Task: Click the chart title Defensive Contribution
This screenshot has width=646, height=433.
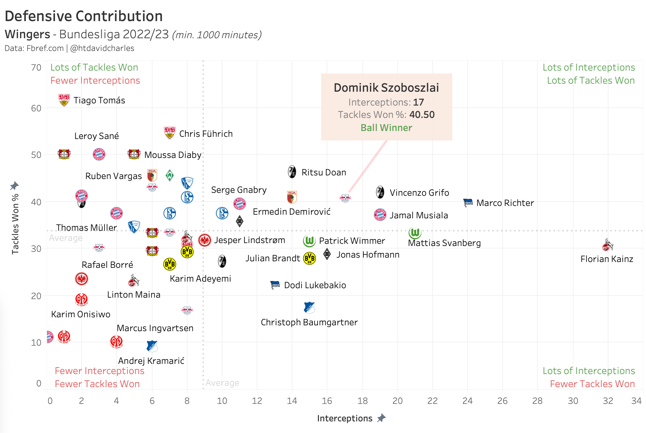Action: click(84, 16)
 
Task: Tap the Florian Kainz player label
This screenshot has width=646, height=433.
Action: click(607, 259)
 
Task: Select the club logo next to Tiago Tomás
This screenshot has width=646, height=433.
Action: click(64, 100)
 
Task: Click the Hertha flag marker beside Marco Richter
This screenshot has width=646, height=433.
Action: click(468, 203)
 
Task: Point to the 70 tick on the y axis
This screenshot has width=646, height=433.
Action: click(36, 68)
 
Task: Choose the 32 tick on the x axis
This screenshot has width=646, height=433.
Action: click(608, 401)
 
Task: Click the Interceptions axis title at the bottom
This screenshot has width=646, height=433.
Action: click(344, 418)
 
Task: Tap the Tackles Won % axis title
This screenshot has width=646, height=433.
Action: click(15, 224)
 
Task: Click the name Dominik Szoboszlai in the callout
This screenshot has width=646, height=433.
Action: click(386, 88)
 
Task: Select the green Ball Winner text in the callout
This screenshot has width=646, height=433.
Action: click(386, 128)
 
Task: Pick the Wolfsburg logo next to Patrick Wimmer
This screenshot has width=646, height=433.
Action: click(309, 241)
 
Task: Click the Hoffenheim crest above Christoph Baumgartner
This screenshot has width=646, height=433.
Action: click(309, 308)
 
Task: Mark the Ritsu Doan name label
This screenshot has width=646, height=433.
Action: click(324, 172)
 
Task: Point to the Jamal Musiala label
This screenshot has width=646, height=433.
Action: click(419, 215)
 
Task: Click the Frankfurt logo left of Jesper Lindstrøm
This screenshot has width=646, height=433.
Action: click(205, 240)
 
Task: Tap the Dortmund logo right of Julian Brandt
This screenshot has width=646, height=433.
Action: click(310, 258)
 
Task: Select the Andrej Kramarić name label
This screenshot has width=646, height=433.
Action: click(151, 361)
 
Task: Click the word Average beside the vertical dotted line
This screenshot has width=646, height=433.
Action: click(222, 383)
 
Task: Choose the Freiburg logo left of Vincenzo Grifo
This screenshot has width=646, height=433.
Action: click(380, 192)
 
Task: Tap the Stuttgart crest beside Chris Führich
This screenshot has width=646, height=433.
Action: click(170, 133)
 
